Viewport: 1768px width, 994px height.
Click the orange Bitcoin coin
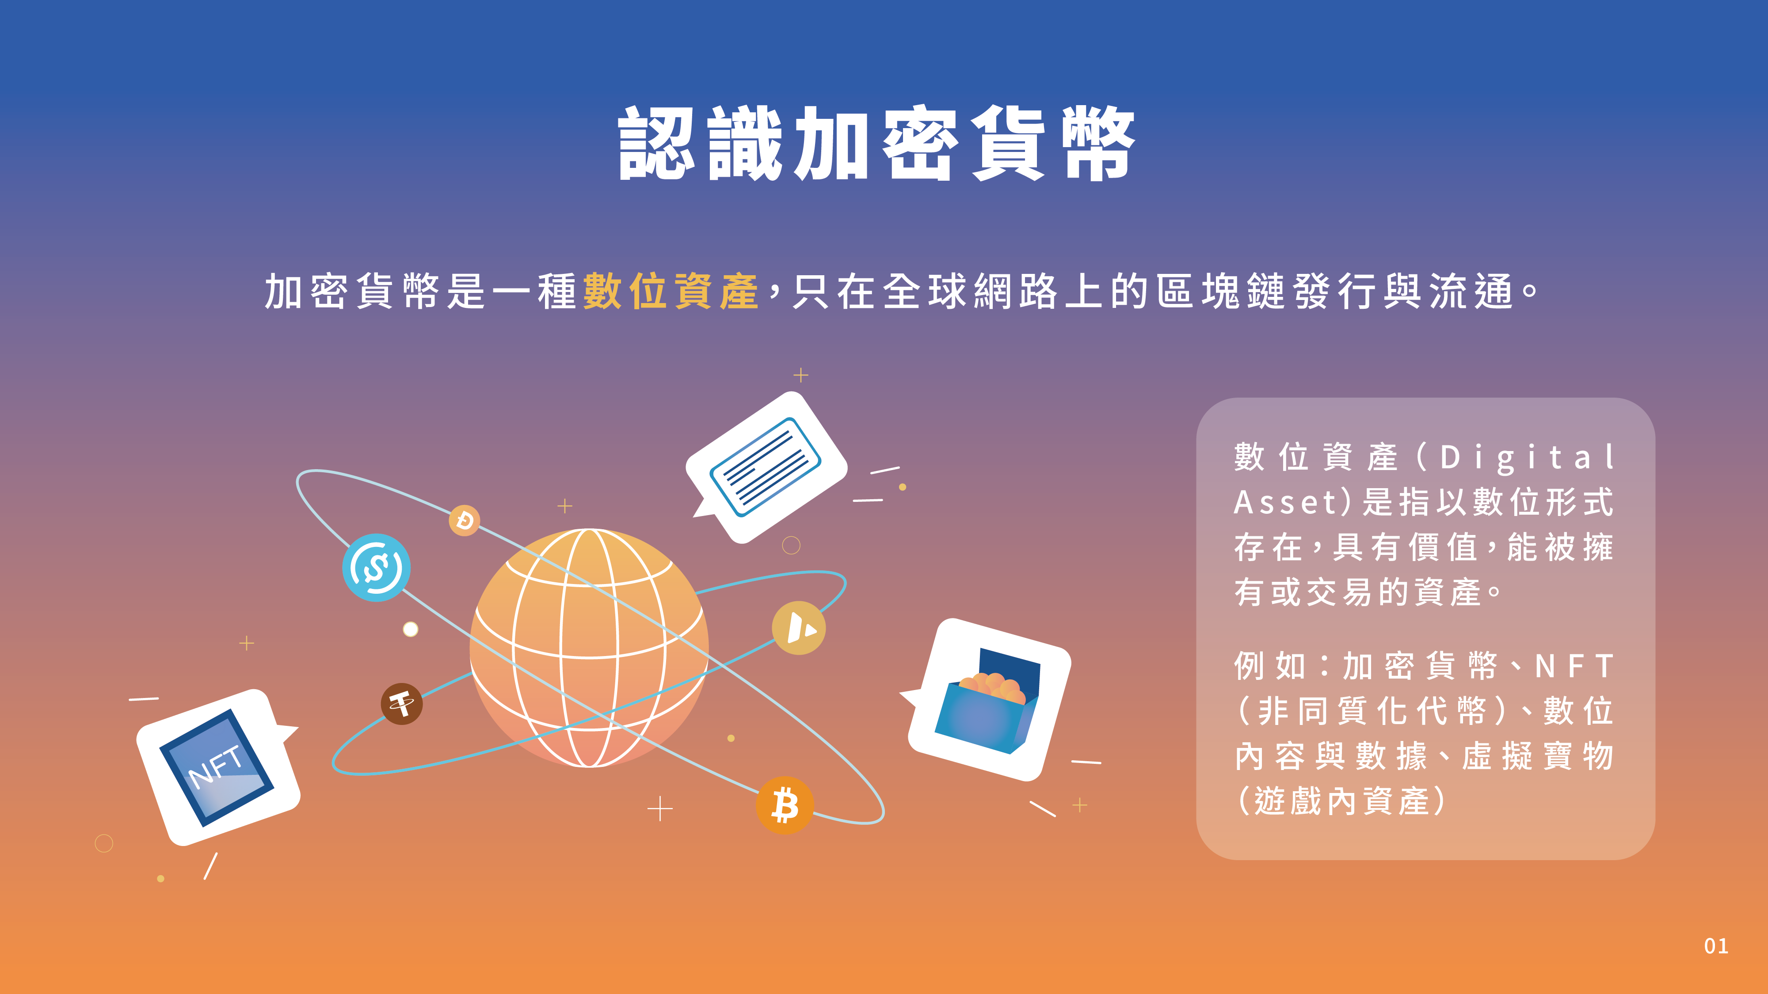coord(785,804)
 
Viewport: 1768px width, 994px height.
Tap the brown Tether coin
coord(401,704)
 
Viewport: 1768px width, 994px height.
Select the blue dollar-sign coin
coord(376,567)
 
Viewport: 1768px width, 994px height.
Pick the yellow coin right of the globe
coord(798,628)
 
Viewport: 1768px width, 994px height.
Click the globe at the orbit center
coord(589,648)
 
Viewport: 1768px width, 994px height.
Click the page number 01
coord(1716,946)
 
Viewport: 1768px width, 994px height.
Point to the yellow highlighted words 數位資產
coord(671,291)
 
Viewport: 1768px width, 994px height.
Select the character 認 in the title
coord(655,144)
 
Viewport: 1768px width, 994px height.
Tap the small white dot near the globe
coord(411,629)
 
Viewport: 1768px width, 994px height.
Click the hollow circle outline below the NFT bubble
coord(103,843)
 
